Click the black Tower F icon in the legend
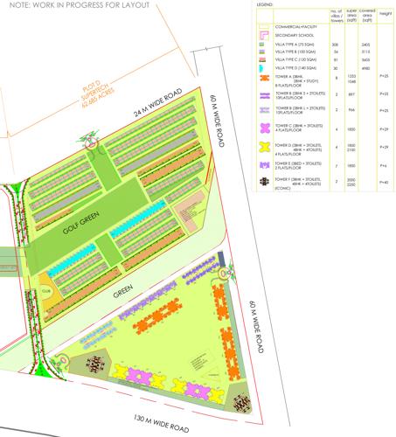point(263,180)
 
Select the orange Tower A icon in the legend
point(263,79)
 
